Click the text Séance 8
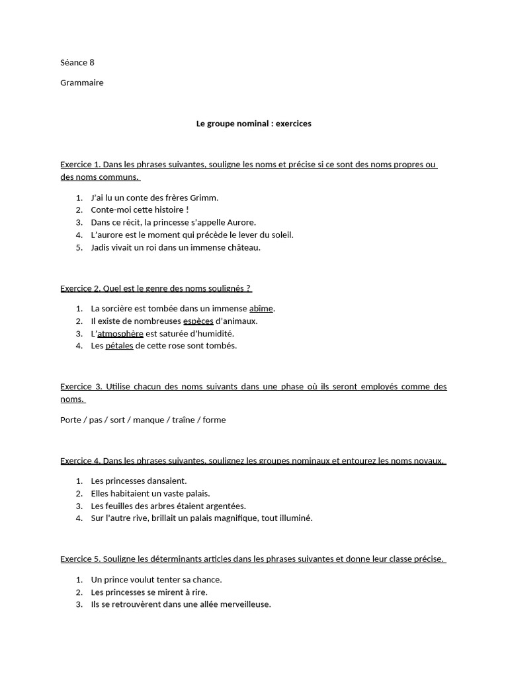77,63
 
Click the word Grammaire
82,83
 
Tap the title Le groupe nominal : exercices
254,124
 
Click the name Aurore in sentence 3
241,223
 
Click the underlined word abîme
261,309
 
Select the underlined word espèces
198,321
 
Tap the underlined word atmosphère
120,334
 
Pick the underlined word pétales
119,346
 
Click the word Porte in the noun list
71,420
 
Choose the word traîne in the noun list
183,420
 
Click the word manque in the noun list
148,420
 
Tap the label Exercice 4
80,461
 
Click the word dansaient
165,481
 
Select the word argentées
222,506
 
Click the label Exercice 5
80,559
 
